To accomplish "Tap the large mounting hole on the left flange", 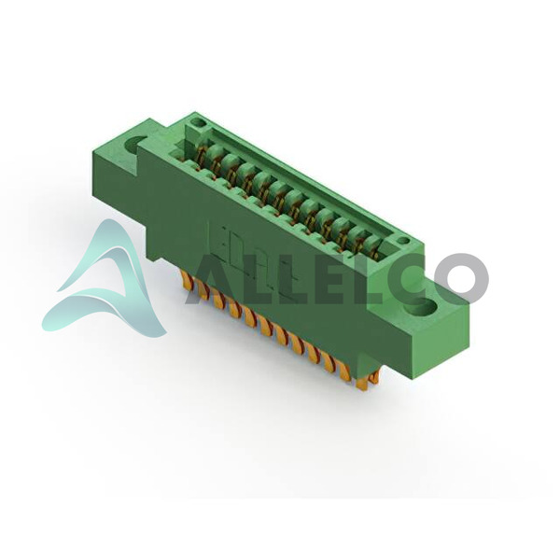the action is (135, 145).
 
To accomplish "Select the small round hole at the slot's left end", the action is (201, 124).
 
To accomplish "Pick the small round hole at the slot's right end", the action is (403, 241).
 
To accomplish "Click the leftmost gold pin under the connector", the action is (185, 277).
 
